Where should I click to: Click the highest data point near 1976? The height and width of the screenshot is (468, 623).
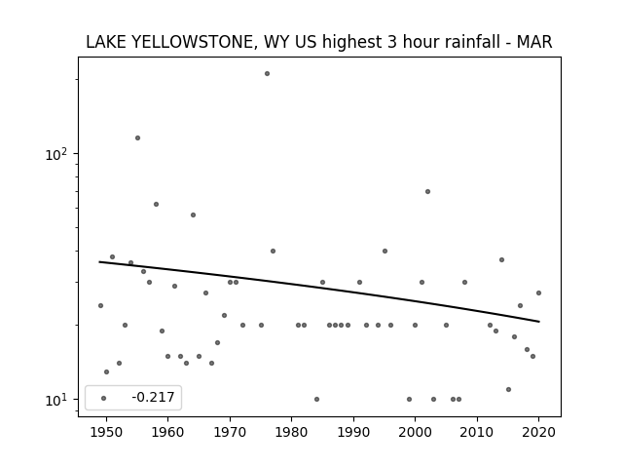point(267,74)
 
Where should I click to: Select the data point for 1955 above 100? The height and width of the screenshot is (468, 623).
point(137,138)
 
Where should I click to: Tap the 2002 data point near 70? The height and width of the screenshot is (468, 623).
point(427,191)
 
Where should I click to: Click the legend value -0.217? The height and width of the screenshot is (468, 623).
point(153,397)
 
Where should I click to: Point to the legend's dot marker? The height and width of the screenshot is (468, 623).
point(103,398)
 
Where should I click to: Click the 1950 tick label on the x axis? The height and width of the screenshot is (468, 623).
point(106,432)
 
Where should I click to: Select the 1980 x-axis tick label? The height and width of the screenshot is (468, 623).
point(291,432)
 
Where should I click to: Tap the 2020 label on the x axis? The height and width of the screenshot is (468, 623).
point(538,432)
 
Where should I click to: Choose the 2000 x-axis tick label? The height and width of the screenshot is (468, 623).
point(416,432)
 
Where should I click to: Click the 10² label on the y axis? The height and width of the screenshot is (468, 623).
point(55,154)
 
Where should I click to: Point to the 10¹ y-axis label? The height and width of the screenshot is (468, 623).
point(55,400)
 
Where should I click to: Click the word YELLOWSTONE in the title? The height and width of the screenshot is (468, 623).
point(193,42)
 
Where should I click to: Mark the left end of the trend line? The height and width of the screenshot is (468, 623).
point(99,261)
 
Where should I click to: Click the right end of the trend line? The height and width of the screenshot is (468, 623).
point(539,322)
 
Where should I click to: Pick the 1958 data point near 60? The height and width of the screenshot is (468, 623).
point(156,204)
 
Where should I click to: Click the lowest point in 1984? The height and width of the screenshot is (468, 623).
point(316,399)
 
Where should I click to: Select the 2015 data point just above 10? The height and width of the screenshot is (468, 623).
point(508,390)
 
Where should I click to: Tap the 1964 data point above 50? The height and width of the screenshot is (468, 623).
point(193,214)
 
